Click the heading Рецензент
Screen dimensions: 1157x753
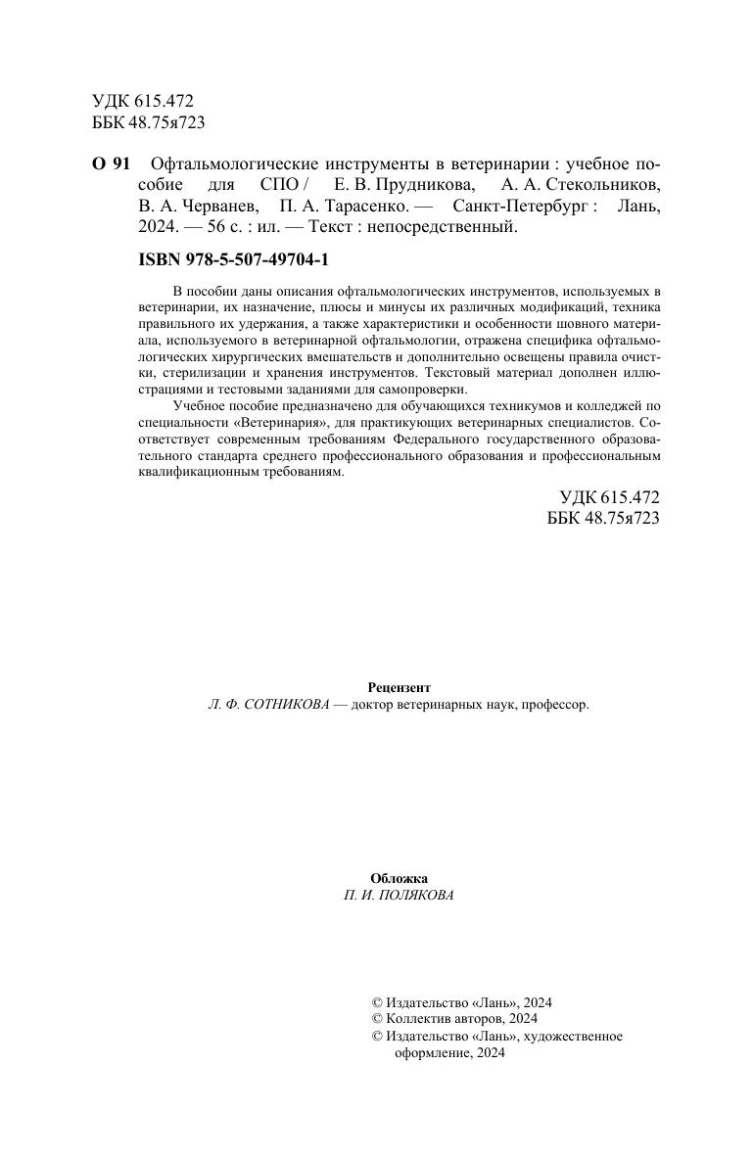click(399, 687)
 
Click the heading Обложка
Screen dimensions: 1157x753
click(399, 878)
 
